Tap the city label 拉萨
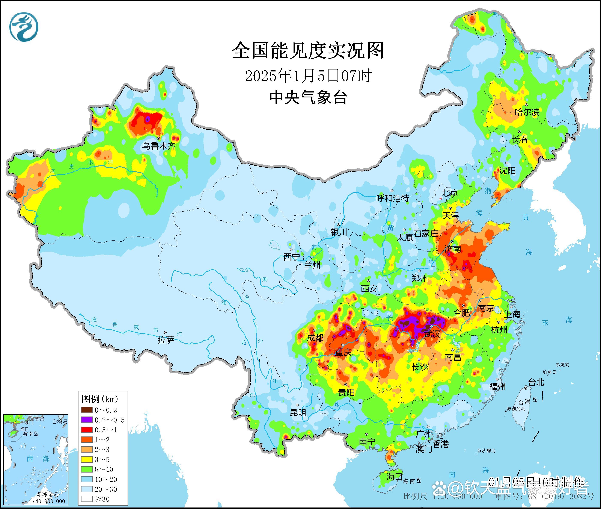tap(166, 340)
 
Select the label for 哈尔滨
tap(527, 112)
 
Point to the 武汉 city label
tap(432, 334)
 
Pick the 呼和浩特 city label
tap(393, 198)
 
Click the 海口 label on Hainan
tap(394, 476)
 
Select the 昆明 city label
tap(298, 412)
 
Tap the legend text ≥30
tap(102, 499)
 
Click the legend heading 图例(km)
tap(100, 399)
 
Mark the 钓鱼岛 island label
tap(549, 372)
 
